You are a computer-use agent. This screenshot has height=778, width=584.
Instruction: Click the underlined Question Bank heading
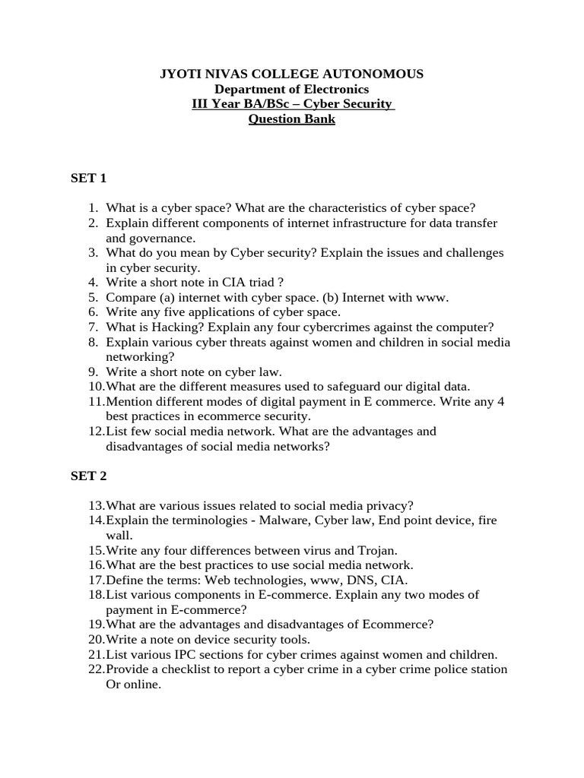(x=291, y=119)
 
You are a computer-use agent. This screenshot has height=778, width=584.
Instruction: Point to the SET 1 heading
(x=89, y=179)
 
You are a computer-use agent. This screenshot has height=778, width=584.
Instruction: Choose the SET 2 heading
(x=89, y=476)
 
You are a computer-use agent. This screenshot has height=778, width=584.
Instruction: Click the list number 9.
(x=93, y=372)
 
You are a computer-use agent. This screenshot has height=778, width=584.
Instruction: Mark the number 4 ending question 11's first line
(x=500, y=402)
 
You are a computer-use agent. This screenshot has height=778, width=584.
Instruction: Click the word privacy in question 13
(x=383, y=506)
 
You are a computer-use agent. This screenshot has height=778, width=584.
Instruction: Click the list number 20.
(x=94, y=640)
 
